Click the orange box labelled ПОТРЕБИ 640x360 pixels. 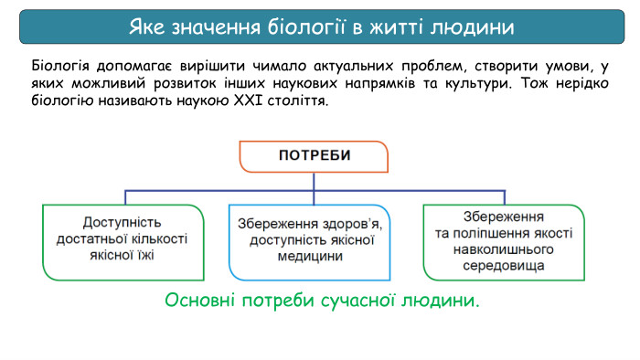(314, 155)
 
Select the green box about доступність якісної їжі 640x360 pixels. (123, 240)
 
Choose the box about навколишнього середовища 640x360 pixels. (504, 240)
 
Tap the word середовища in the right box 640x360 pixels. (504, 266)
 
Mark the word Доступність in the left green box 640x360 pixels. (122, 223)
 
